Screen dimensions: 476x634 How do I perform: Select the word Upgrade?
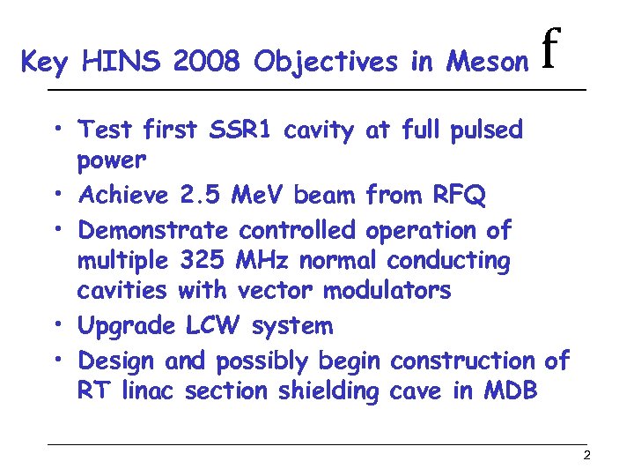[127, 326]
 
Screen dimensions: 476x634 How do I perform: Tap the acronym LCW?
[214, 325]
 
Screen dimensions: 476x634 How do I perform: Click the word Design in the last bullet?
[116, 361]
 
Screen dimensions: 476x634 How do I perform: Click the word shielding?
[328, 391]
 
